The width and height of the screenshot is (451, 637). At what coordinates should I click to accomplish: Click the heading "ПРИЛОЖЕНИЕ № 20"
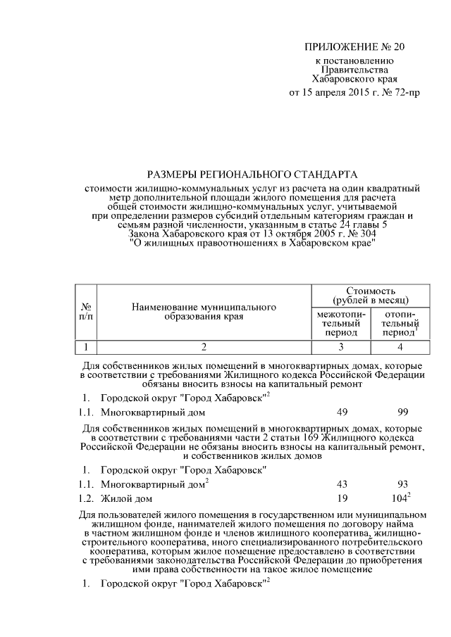click(354, 48)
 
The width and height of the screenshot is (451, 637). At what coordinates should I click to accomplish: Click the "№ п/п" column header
click(85, 313)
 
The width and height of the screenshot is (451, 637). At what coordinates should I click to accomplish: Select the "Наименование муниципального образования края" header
click(202, 313)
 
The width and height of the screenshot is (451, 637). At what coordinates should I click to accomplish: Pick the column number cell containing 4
click(400, 346)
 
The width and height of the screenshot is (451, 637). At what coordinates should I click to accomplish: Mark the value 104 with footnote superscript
click(400, 498)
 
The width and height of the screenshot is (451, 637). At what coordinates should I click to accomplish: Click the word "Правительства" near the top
click(354, 70)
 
